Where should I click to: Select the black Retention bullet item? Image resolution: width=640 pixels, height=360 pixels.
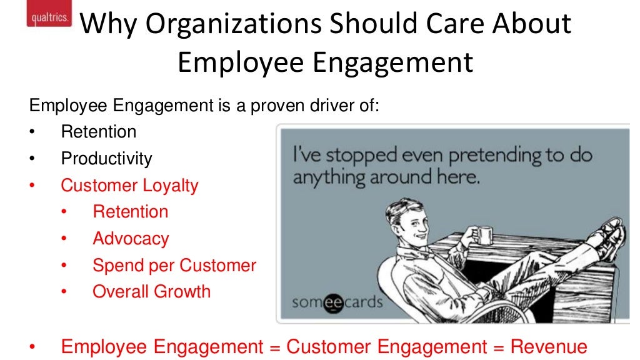pyautogui.click(x=98, y=132)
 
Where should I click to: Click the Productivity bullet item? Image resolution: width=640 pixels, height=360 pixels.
pyautogui.click(x=106, y=159)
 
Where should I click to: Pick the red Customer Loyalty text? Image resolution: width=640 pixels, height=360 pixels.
pyautogui.click(x=129, y=185)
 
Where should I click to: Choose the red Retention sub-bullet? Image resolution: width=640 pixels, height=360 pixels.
pyautogui.click(x=131, y=212)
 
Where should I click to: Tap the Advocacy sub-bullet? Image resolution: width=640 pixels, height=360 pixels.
pyautogui.click(x=131, y=239)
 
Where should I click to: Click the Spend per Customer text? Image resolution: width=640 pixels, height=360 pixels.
pyautogui.click(x=174, y=265)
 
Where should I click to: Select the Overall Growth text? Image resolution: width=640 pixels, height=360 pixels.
pyautogui.click(x=151, y=292)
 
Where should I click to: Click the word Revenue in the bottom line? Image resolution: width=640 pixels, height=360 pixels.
pyautogui.click(x=549, y=347)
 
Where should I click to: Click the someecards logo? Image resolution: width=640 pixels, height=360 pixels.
pyautogui.click(x=337, y=302)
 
